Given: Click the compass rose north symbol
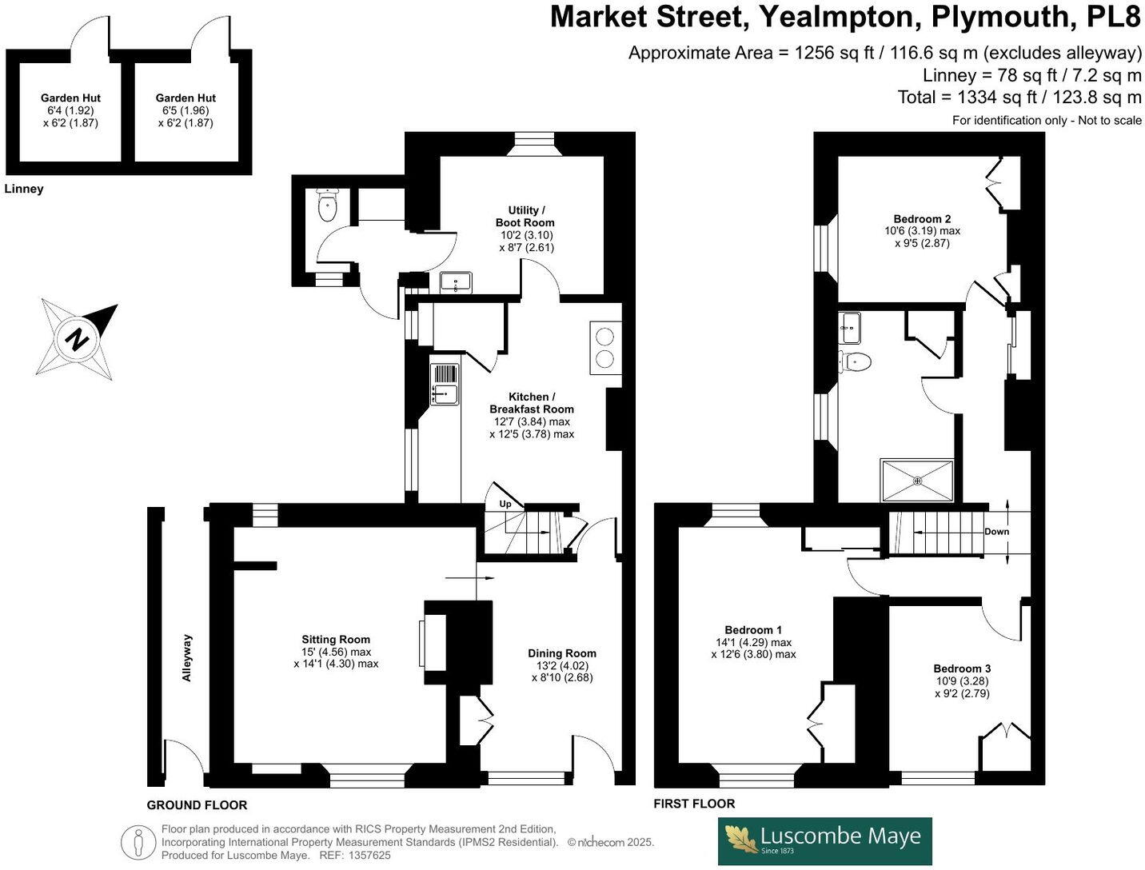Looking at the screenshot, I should [x=78, y=338].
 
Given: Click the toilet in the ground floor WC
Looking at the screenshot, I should [x=328, y=206].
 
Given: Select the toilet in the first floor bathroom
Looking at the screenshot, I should [x=855, y=361].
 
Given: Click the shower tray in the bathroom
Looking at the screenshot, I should [x=916, y=481].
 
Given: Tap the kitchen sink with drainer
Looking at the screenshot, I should [x=445, y=385].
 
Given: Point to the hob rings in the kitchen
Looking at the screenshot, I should [x=605, y=347].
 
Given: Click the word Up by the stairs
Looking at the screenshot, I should [x=505, y=504].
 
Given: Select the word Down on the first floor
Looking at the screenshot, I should [x=996, y=532].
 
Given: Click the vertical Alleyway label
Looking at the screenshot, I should [x=187, y=657].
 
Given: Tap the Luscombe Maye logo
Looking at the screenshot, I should [x=824, y=840].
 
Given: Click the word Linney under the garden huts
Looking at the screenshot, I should [x=24, y=189].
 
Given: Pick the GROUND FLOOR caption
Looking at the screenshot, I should [x=197, y=804].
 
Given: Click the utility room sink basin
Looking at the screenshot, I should [x=456, y=282].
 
